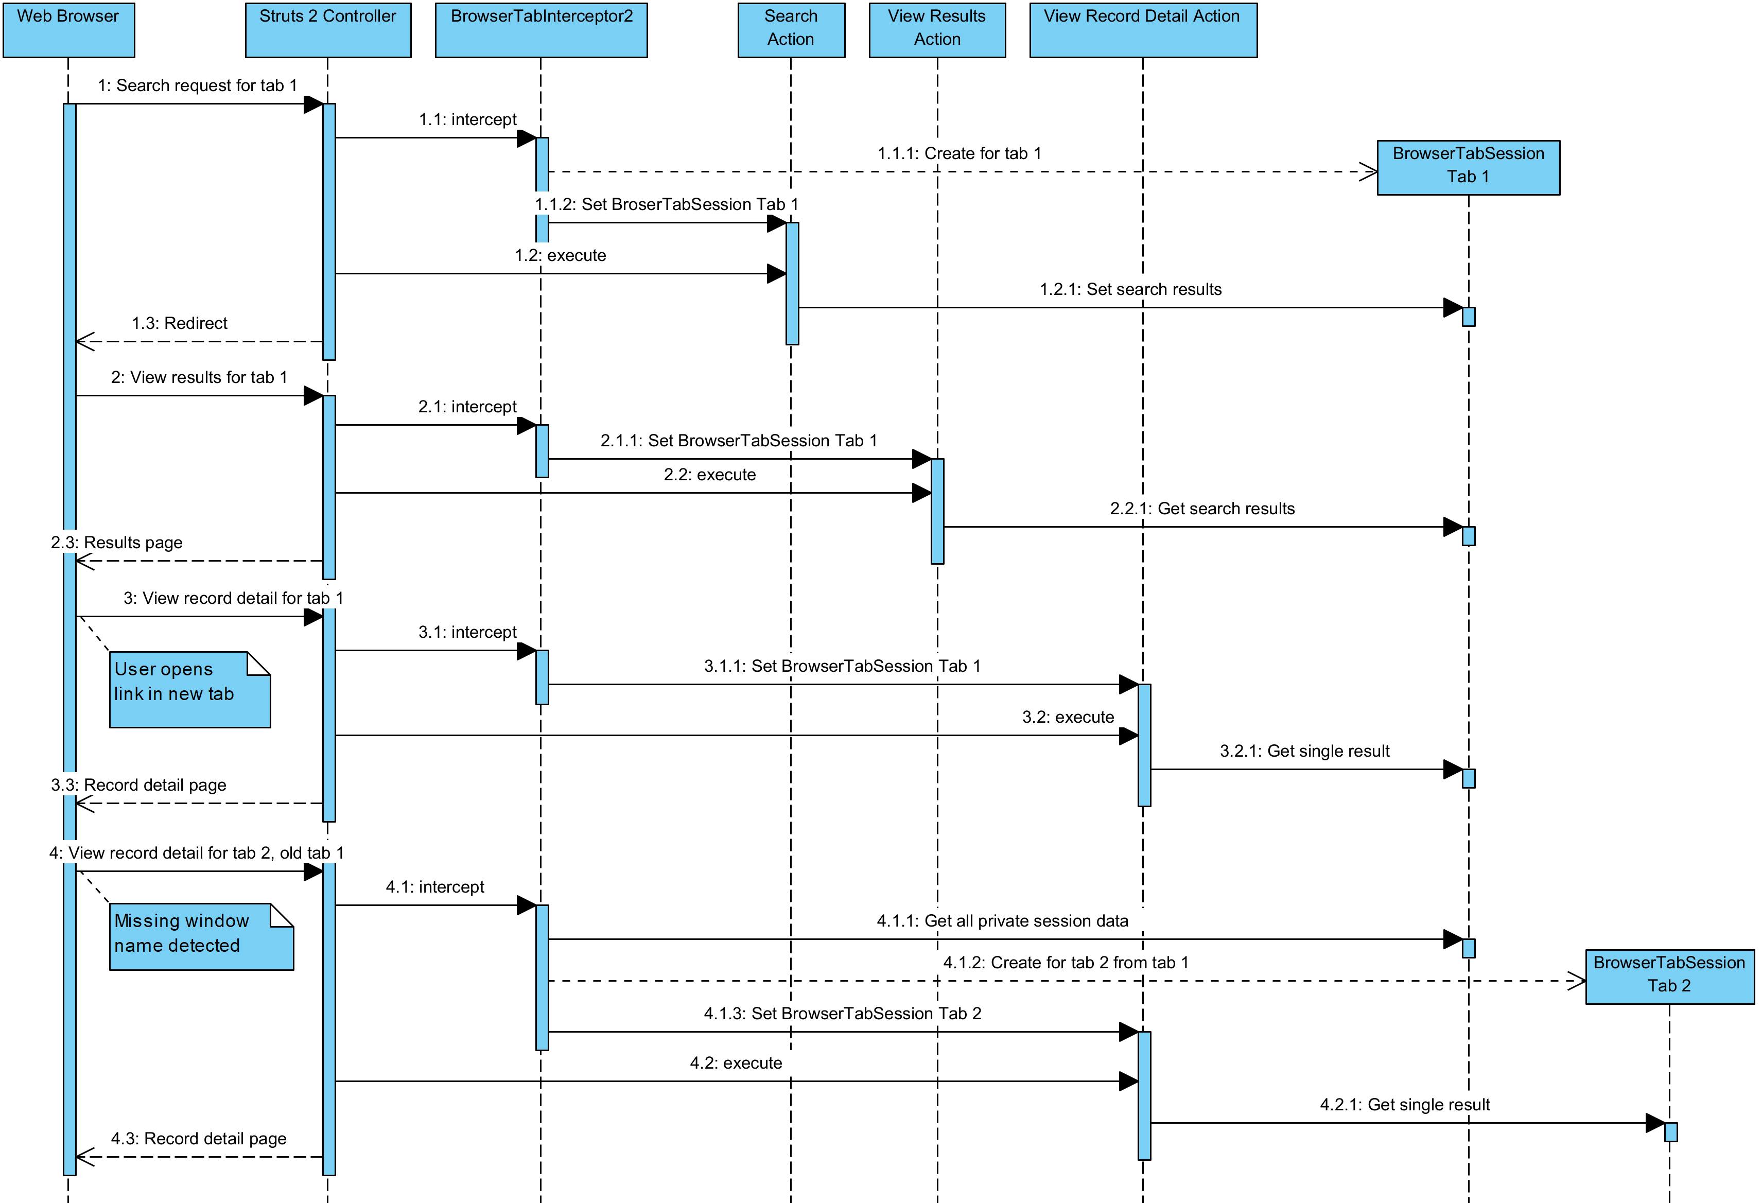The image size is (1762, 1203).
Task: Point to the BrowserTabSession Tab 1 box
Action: coord(1468,167)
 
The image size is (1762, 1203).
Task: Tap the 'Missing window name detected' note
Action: coord(201,936)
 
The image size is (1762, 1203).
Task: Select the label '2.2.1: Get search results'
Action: coord(1202,509)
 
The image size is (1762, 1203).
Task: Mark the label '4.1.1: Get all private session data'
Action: coord(1002,921)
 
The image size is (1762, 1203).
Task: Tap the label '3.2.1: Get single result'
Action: coord(1304,751)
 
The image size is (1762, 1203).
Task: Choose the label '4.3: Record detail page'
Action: coord(199,1139)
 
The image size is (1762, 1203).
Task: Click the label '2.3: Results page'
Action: coord(117,543)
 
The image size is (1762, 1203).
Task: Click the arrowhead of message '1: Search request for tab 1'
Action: coord(314,104)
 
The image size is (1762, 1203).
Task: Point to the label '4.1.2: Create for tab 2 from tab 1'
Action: coord(1065,963)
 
